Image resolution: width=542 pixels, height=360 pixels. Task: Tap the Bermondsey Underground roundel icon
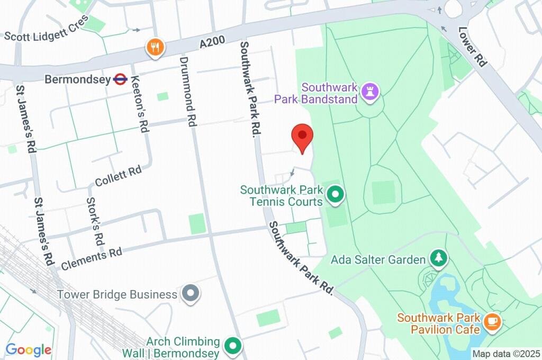click(120, 79)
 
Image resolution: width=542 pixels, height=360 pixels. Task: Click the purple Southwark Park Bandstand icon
click(370, 92)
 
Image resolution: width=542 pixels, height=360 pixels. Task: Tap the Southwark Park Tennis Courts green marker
click(335, 195)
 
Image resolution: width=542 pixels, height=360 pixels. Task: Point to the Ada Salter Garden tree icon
click(439, 259)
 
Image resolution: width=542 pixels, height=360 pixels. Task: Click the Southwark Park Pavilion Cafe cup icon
click(493, 321)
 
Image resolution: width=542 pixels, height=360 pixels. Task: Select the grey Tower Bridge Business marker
click(191, 293)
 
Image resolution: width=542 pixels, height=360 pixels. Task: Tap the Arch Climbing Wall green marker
click(232, 347)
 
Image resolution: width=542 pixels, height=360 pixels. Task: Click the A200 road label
click(214, 40)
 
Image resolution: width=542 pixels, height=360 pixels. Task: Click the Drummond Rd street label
click(188, 91)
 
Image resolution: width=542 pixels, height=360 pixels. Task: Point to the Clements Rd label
click(92, 258)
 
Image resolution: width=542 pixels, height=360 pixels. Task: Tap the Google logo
click(29, 350)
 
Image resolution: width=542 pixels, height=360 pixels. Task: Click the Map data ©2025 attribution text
click(505, 354)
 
